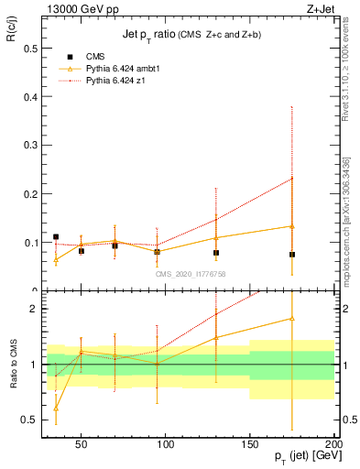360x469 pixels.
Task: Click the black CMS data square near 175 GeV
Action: (x=292, y=255)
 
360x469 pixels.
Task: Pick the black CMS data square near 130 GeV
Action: (x=216, y=253)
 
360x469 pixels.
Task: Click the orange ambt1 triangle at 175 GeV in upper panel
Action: (x=292, y=226)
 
